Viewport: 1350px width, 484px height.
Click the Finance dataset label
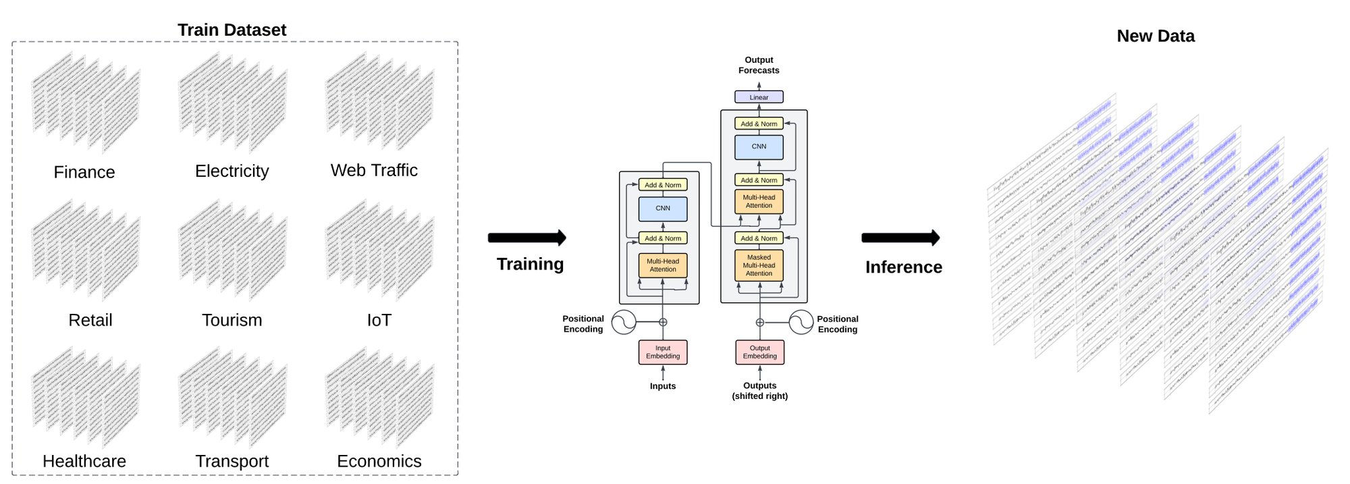click(x=84, y=172)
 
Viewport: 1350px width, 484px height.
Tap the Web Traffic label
click(x=374, y=170)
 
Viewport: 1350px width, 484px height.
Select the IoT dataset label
click(x=379, y=320)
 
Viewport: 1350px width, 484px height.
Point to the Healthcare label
click(x=84, y=461)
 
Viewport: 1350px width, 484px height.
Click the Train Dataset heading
click(x=232, y=30)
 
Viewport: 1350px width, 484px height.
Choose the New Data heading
click(x=1155, y=36)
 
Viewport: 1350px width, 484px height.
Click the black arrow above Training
click(x=526, y=238)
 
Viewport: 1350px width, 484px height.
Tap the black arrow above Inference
click(x=900, y=238)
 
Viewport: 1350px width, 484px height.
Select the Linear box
click(x=759, y=97)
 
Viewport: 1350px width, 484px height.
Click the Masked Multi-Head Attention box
click(x=759, y=265)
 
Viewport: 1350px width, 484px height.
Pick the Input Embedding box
click(x=663, y=352)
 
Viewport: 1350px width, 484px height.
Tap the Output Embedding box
click(x=759, y=352)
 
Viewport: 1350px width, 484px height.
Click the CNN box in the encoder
click(x=663, y=209)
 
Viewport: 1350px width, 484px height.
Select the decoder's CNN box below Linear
click(x=759, y=146)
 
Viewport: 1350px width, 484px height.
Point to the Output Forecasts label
click(x=759, y=65)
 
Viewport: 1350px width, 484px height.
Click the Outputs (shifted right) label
click(x=759, y=391)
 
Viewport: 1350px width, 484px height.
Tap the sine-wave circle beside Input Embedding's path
click(x=624, y=322)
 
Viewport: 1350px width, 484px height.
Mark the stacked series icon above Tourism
click(x=232, y=250)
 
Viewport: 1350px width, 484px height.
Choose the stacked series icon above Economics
click(x=379, y=398)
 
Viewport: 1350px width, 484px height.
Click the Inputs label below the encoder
click(x=663, y=386)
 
